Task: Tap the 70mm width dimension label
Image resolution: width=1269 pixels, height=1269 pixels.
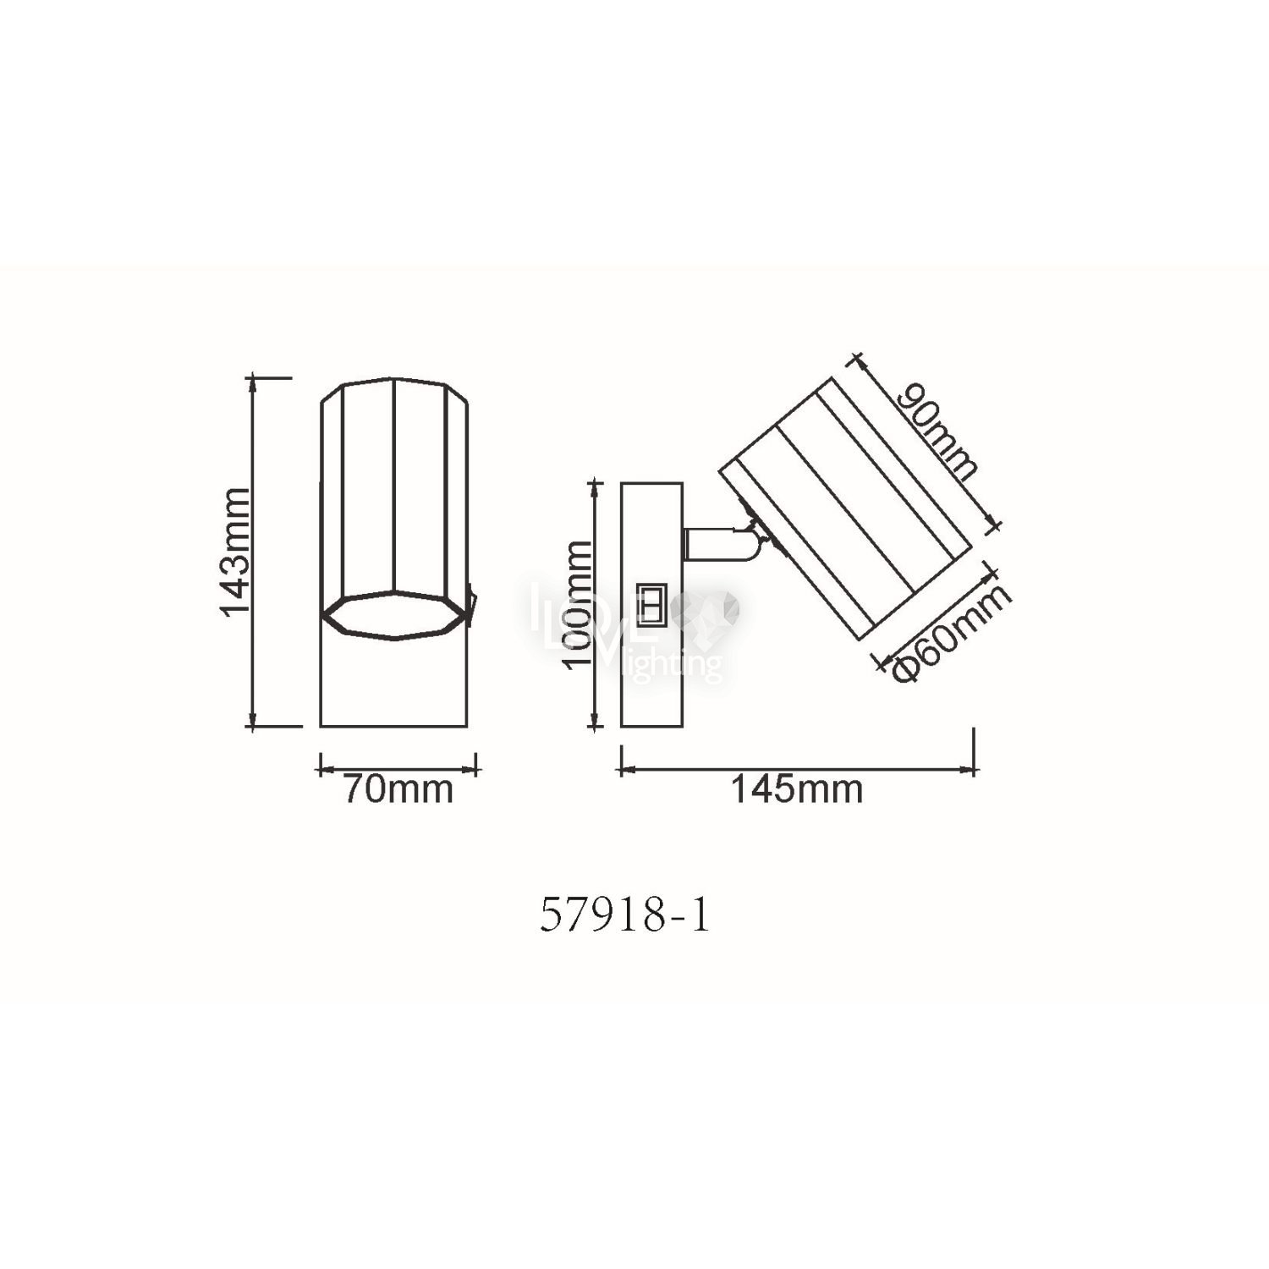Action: (397, 790)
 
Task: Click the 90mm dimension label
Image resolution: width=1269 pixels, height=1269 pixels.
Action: (939, 432)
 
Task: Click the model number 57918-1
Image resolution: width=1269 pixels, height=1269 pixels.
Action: (624, 917)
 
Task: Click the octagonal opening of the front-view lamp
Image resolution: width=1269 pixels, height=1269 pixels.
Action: (395, 616)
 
